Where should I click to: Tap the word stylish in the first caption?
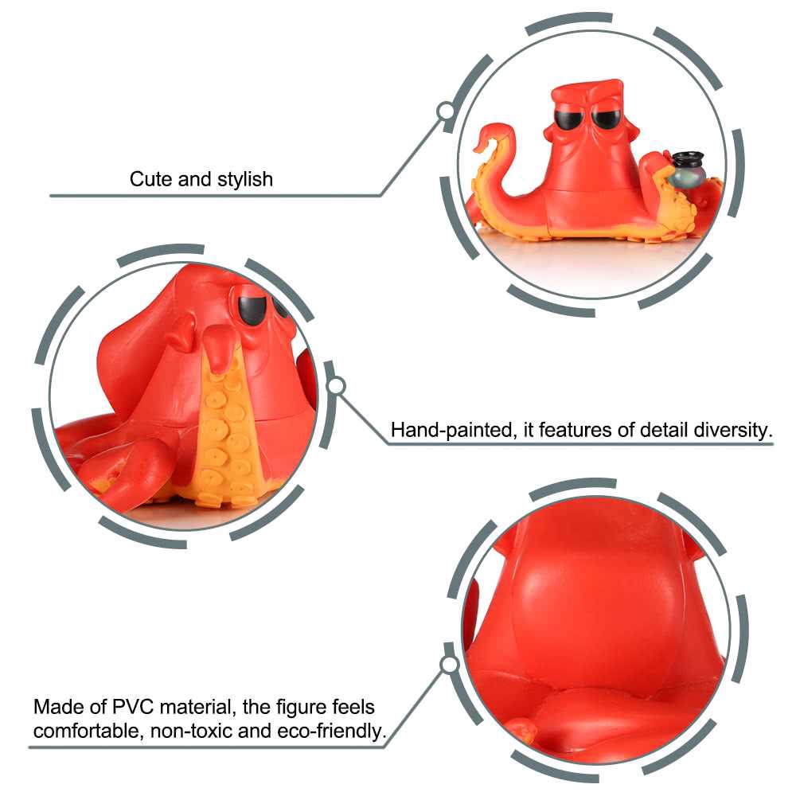tap(245, 179)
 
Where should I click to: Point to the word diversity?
tap(732, 431)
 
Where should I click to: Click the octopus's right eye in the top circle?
tap(608, 119)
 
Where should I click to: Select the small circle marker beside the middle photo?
tap(337, 387)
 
